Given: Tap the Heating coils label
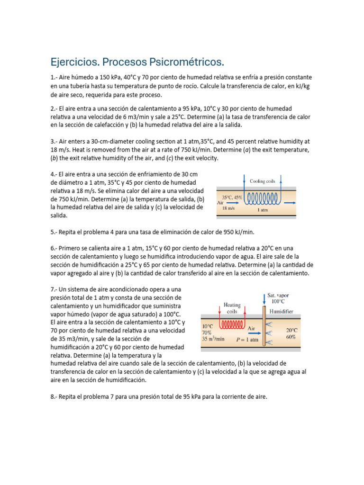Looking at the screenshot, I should click(x=232, y=308).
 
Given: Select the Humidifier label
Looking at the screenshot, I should click(x=281, y=312).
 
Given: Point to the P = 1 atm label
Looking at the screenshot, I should click(x=247, y=340).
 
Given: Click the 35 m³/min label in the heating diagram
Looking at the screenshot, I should click(x=213, y=339).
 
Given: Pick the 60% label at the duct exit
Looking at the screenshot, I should click(x=291, y=337).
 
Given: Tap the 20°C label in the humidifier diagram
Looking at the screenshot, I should click(x=292, y=330).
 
